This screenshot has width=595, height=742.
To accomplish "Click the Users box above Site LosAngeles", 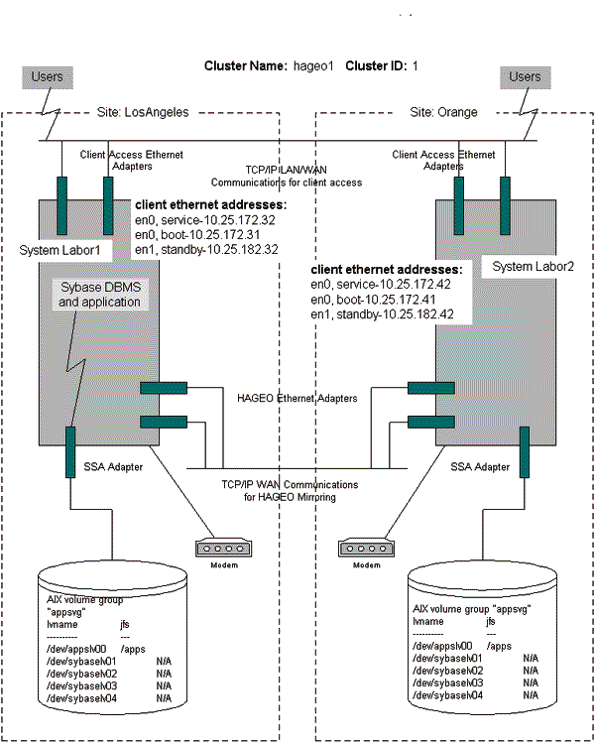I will [x=47, y=76].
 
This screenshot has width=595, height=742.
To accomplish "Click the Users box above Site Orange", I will [x=525, y=76].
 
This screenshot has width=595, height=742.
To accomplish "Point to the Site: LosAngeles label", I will [x=139, y=112].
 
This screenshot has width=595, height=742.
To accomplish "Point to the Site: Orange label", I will [x=443, y=112].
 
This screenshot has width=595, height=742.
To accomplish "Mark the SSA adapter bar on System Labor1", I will [x=70, y=449].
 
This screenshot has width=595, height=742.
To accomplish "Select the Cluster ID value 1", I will [x=416, y=65].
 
